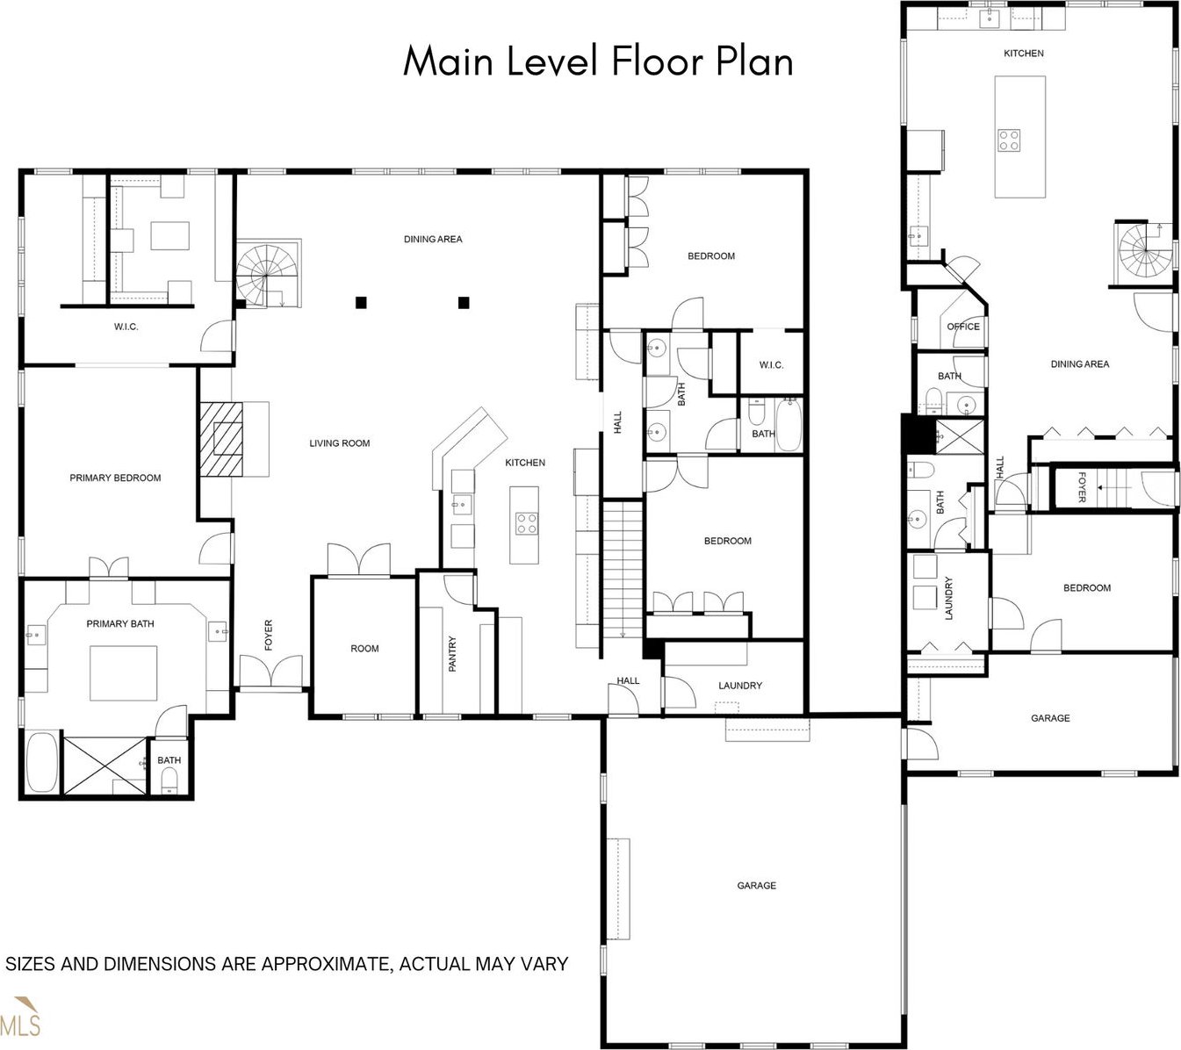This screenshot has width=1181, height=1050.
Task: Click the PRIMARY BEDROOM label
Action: (115, 478)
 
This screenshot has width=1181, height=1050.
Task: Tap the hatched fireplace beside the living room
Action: (221, 439)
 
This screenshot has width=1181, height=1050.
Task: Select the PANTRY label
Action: (452, 653)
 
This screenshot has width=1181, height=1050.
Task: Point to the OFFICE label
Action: (963, 327)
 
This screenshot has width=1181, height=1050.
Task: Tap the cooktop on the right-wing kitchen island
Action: (1009, 140)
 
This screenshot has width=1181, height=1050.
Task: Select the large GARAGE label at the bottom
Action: (756, 886)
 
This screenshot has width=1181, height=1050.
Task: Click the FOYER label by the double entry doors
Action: (268, 635)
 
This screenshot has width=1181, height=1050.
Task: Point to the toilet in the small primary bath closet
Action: (169, 780)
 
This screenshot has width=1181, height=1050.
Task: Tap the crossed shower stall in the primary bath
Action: (104, 766)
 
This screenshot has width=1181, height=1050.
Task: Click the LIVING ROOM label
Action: (339, 443)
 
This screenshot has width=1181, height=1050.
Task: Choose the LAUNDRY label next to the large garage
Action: (739, 686)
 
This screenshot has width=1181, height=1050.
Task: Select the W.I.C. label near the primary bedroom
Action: (126, 327)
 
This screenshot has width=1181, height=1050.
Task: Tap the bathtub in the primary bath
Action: (42, 762)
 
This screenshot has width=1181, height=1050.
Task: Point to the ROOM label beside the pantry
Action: (364, 648)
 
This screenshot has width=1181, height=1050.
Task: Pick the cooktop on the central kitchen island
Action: (526, 523)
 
